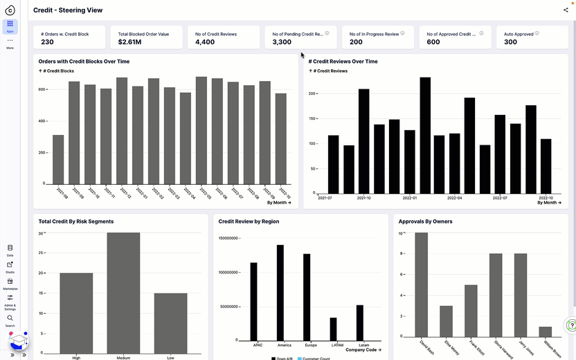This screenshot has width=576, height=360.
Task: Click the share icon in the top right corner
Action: [566, 10]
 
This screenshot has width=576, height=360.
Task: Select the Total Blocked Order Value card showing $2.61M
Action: [143, 37]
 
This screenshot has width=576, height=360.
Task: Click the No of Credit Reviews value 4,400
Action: [205, 42]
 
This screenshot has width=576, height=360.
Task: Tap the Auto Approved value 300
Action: [511, 42]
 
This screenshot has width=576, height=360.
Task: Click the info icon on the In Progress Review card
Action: [404, 33]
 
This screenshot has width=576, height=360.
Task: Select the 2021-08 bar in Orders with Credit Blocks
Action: [58, 159]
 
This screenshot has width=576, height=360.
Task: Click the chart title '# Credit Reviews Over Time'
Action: [343, 62]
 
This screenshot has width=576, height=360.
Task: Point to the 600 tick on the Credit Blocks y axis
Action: [42, 90]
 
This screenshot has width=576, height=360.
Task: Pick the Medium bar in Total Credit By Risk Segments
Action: [123, 291]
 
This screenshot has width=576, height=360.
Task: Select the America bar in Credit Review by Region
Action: [280, 291]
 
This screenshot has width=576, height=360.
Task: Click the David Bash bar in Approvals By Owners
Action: [421, 285]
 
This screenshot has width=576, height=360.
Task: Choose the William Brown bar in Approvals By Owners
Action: [546, 332]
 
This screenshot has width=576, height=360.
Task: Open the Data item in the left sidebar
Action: [10, 249]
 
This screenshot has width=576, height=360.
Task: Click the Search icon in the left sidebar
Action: [10, 319]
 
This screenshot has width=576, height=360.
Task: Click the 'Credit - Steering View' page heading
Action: [68, 10]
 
